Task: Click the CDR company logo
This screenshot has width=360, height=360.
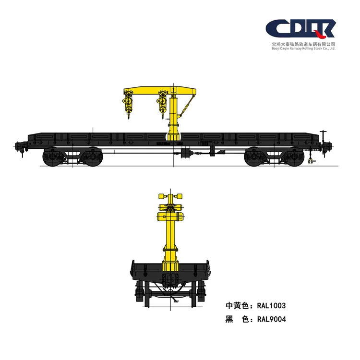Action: point(300,29)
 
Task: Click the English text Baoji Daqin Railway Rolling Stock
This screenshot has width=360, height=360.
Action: point(301,48)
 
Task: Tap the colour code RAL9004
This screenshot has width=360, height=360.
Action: point(272,319)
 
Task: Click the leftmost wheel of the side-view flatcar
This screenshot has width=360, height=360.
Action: point(52,157)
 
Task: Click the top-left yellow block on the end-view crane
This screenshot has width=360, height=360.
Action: point(162,196)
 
